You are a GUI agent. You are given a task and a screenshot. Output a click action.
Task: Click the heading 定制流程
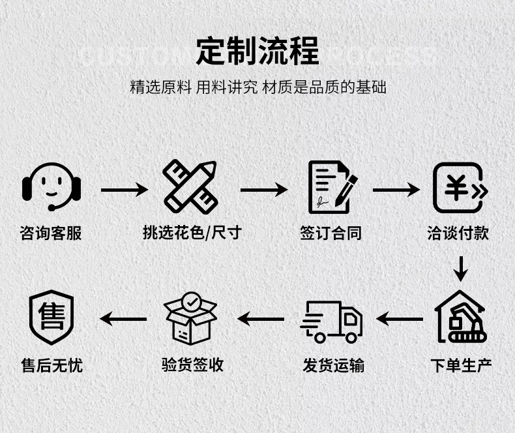[257, 51]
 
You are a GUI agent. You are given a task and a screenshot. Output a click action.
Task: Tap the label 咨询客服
[51, 233]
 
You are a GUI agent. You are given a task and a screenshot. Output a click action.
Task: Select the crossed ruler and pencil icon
[190, 187]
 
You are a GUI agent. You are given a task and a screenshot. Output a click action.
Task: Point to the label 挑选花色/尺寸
[192, 233]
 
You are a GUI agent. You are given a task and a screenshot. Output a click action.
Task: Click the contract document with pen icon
[332, 187]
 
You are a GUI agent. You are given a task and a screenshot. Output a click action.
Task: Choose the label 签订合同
[331, 233]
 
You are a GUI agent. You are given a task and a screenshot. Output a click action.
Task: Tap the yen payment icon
[460, 188]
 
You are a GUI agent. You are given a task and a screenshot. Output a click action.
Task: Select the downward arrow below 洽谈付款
[461, 268]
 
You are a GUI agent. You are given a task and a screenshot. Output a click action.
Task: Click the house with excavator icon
[461, 318]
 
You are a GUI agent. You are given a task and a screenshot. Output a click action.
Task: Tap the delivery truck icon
[332, 321]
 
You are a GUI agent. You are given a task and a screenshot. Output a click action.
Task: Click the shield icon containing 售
[51, 318]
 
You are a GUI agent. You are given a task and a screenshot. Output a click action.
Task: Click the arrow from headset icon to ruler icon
[124, 190]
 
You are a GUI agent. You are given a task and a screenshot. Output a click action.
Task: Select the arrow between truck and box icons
[261, 319]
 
